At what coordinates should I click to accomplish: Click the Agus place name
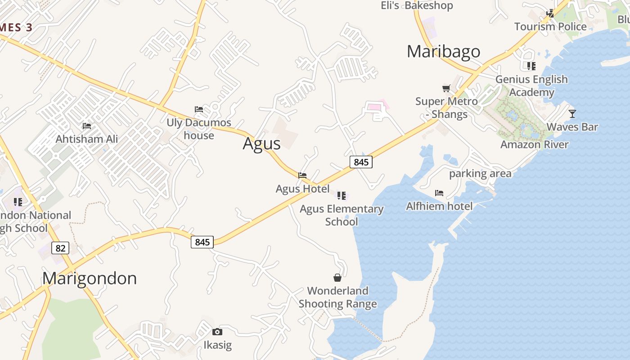pyautogui.click(x=261, y=144)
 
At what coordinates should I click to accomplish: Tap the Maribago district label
pyautogui.click(x=443, y=52)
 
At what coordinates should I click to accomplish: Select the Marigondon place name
pyautogui.click(x=90, y=278)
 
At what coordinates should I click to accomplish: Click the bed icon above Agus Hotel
pyautogui.click(x=302, y=175)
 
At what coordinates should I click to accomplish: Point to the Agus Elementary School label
pyautogui.click(x=342, y=215)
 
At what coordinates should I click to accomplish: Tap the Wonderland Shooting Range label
pyautogui.click(x=337, y=297)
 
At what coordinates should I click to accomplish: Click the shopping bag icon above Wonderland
pyautogui.click(x=337, y=277)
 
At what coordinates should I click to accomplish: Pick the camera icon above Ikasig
pyautogui.click(x=217, y=332)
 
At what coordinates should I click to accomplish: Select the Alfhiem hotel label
pyautogui.click(x=439, y=206)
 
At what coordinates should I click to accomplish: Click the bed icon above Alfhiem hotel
pyautogui.click(x=439, y=193)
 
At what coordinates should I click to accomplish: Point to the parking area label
pyautogui.click(x=480, y=173)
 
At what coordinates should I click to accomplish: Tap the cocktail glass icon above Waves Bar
pyautogui.click(x=572, y=113)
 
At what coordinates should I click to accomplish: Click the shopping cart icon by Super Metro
pyautogui.click(x=446, y=88)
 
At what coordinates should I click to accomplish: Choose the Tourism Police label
pyautogui.click(x=550, y=27)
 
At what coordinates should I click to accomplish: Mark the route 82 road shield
pyautogui.click(x=60, y=247)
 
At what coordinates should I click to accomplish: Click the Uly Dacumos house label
pyautogui.click(x=199, y=129)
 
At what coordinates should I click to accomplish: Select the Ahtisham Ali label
pyautogui.click(x=87, y=139)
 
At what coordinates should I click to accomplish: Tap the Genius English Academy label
pyautogui.click(x=531, y=85)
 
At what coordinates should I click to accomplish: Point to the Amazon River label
pyautogui.click(x=535, y=144)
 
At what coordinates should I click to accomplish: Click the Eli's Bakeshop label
pyautogui.click(x=417, y=5)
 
